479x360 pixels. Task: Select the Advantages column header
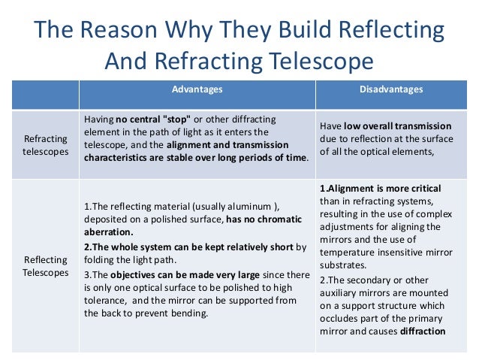[197, 90]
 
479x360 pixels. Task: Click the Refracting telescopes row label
[46, 145]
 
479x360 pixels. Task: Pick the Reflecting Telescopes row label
[46, 266]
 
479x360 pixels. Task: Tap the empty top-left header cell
[46, 90]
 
